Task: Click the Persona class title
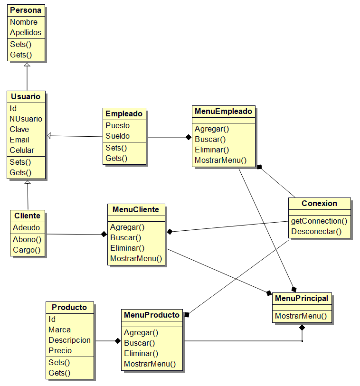[x=26, y=10]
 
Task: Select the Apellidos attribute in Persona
[x=26, y=33]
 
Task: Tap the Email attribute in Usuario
[x=19, y=140]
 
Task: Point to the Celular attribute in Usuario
[x=22, y=150]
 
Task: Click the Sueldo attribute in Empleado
[x=117, y=136]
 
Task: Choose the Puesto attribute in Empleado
[x=117, y=125]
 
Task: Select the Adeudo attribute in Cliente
[x=26, y=227]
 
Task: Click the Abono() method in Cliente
[x=27, y=239]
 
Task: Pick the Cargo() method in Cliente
[x=27, y=250]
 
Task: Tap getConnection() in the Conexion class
[x=319, y=221]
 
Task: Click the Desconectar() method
[x=316, y=231]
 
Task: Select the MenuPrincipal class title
[x=302, y=298]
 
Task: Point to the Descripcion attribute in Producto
[x=69, y=340]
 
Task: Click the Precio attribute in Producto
[x=60, y=350]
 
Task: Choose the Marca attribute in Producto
[x=59, y=330]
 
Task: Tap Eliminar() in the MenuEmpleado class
[x=212, y=150]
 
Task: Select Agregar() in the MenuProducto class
[x=141, y=332]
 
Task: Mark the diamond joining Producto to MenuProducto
[x=118, y=341]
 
